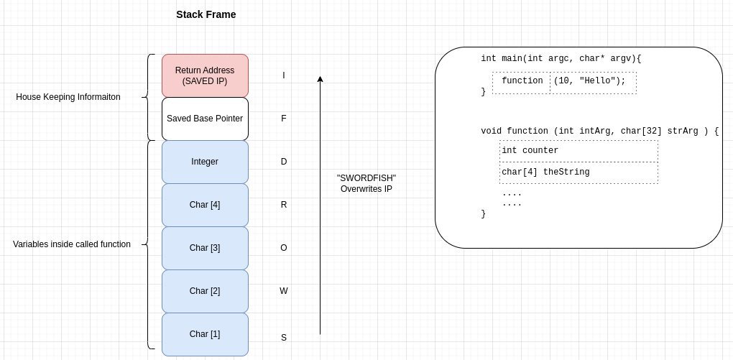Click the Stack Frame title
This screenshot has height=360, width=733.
[x=206, y=14]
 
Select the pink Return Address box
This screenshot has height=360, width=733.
[x=205, y=75]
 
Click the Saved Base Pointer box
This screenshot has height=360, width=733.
[x=205, y=119]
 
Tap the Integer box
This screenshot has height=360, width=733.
[x=205, y=162]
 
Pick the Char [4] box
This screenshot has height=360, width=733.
[x=205, y=205]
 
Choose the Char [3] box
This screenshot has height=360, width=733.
[x=205, y=248]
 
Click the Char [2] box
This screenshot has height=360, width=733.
[x=205, y=291]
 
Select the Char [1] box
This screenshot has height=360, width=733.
[x=205, y=334]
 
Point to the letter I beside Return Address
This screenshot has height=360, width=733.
[x=283, y=75]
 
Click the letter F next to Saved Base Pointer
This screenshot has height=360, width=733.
[x=283, y=119]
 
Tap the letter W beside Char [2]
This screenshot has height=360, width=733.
[x=283, y=291]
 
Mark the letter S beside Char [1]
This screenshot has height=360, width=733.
[x=283, y=338]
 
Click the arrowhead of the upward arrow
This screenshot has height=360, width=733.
[x=320, y=79]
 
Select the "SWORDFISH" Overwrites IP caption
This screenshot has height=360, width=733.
[x=366, y=183]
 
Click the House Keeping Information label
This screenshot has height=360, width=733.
[x=68, y=97]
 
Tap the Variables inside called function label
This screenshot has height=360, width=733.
[x=72, y=244]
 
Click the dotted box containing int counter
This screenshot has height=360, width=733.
[x=578, y=151]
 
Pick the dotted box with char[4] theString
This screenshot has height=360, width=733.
[x=578, y=172]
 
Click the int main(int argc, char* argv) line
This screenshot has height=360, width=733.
[x=561, y=59]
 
